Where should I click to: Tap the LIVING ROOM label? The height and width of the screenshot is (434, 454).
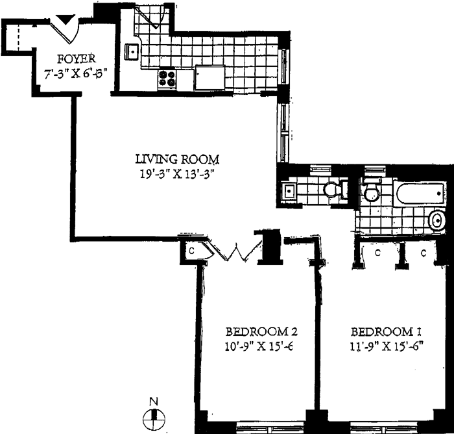point(177,159)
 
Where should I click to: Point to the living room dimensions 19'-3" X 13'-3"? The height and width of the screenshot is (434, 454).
point(177,173)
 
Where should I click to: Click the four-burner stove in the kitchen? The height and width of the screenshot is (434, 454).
point(167,79)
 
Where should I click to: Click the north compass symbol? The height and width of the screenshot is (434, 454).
point(154,419)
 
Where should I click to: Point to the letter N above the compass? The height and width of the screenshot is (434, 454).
point(154,402)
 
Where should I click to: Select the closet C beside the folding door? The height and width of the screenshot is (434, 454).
point(192,249)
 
